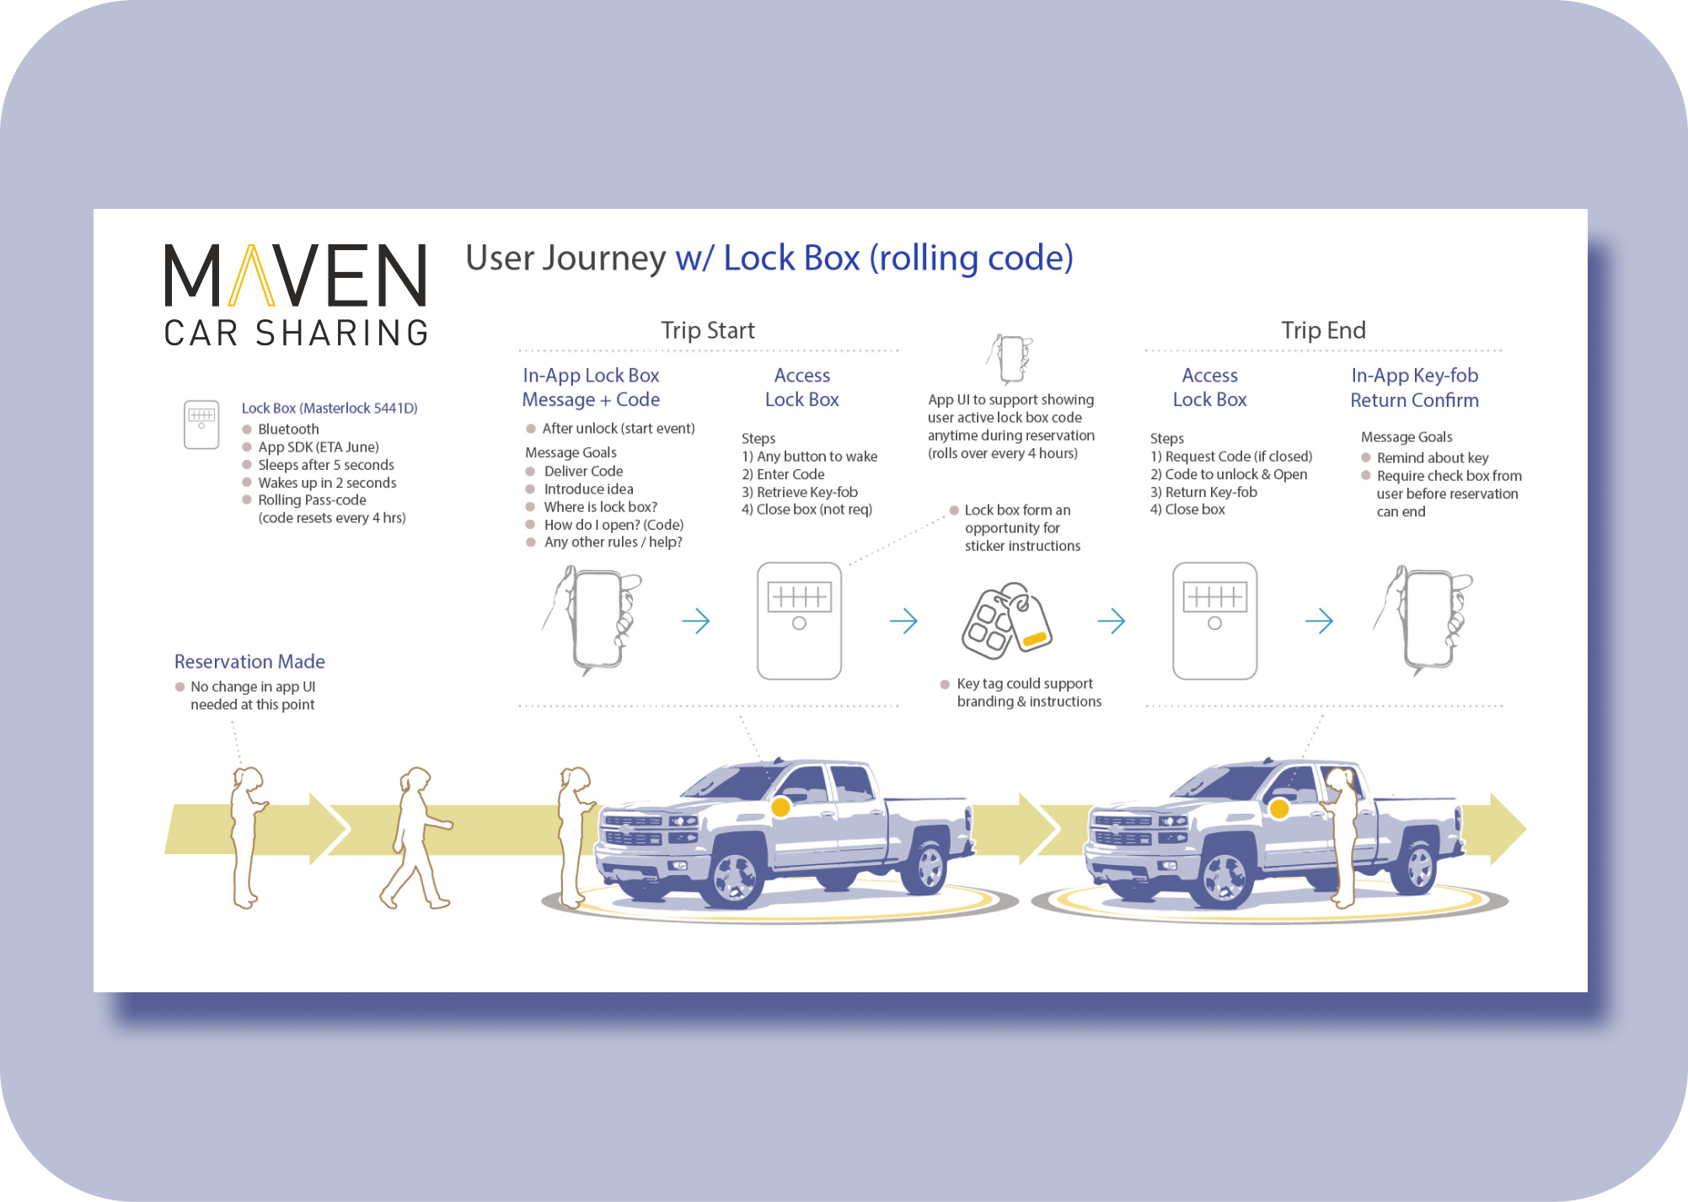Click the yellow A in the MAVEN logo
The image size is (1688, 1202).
(x=252, y=275)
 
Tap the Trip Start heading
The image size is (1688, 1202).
(x=707, y=330)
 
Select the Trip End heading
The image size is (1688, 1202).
(x=1323, y=330)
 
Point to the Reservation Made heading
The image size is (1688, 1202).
(x=249, y=661)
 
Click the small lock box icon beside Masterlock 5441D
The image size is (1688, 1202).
(x=201, y=424)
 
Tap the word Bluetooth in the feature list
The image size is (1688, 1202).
(x=288, y=429)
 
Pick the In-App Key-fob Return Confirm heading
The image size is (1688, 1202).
(x=1414, y=387)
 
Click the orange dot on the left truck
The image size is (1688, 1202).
(x=780, y=807)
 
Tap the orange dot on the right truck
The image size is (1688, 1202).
(x=1279, y=809)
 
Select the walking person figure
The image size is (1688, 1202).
(x=415, y=837)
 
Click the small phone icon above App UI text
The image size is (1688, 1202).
(x=1010, y=359)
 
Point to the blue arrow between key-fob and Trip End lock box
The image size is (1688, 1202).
(x=1112, y=622)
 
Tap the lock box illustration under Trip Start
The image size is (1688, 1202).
(x=799, y=621)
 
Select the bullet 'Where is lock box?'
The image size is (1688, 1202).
(x=600, y=506)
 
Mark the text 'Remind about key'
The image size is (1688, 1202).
(x=1432, y=457)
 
